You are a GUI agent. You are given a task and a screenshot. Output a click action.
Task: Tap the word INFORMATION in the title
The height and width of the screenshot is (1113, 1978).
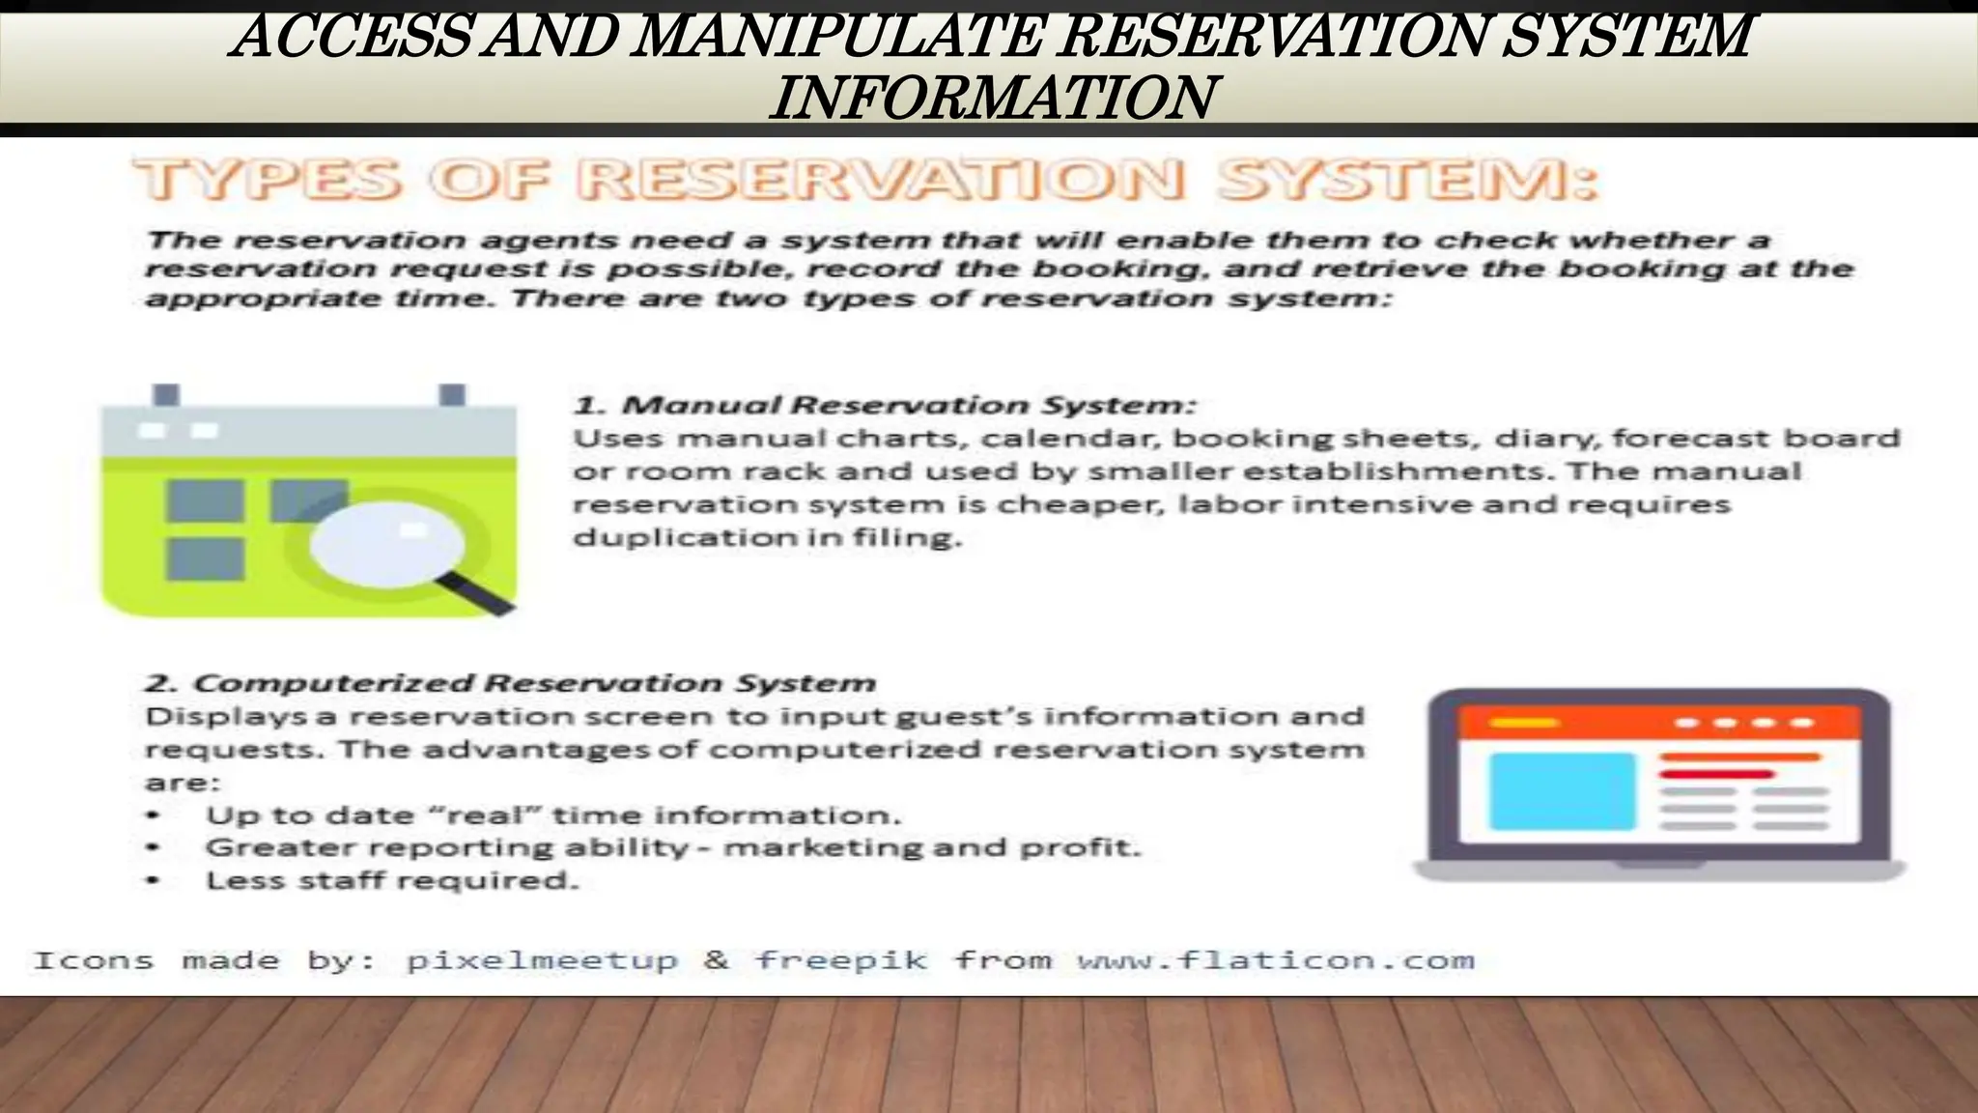[x=993, y=98]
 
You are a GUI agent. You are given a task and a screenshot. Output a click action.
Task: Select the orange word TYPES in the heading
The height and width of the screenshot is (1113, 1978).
[x=267, y=181]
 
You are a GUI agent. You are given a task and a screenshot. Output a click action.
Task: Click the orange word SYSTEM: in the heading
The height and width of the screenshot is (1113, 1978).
[x=1406, y=181]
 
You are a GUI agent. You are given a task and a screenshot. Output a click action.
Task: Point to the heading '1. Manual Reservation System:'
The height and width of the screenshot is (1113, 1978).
[x=885, y=404]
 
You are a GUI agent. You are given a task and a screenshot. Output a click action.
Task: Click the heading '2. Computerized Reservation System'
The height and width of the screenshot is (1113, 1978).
[x=510, y=683]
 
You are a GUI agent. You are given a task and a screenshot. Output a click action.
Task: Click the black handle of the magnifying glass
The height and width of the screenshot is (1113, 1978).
[x=477, y=592]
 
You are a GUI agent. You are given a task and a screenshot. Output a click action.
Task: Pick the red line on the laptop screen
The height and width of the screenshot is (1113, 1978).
[x=1716, y=774]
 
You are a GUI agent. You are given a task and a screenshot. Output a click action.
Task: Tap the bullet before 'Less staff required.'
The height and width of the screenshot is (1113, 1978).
[x=152, y=880]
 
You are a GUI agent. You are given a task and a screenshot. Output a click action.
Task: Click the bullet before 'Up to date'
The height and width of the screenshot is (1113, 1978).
[x=152, y=815]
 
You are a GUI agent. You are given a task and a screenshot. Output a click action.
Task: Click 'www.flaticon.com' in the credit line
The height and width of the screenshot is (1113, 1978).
[x=1276, y=960]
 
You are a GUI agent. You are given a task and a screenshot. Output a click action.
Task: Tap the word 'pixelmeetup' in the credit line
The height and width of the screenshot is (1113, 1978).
[x=542, y=960]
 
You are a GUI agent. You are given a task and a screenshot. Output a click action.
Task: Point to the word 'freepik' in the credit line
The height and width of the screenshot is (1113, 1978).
[x=840, y=960]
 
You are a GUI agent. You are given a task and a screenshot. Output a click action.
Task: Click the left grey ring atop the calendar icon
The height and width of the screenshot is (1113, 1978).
[x=166, y=395]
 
